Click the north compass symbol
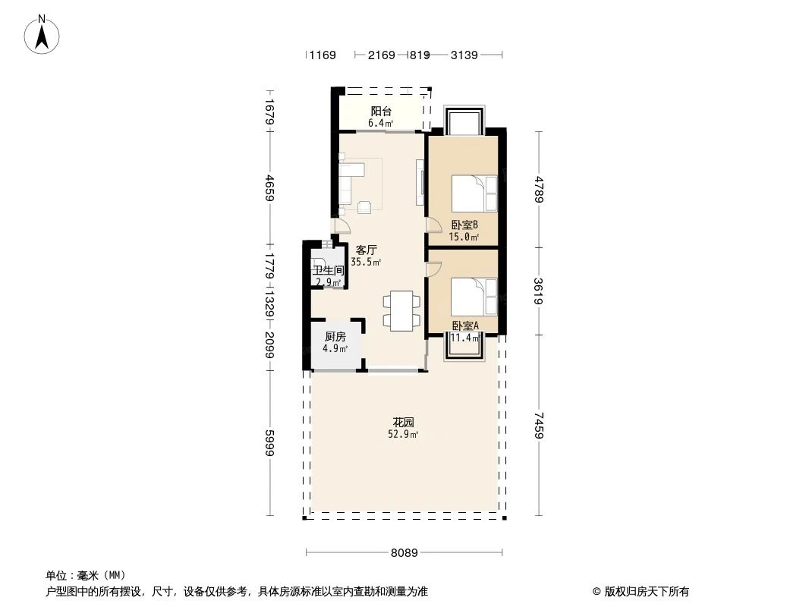coord(42,34)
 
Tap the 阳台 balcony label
coord(381,112)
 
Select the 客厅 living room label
coord(367,249)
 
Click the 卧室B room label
coord(464,225)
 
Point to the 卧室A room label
coord(464,326)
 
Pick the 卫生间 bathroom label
coord(328,270)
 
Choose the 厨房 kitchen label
coord(335,337)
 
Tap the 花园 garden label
coord(403,422)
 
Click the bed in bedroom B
coord(474,193)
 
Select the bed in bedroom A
coord(474,296)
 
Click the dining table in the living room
coord(401,310)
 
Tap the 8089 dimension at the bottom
coord(405,553)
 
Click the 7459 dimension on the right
coord(539,426)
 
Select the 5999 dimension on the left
coord(270,442)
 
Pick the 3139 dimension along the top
coord(464,55)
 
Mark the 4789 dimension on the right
coord(539,189)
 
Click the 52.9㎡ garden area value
coord(403,435)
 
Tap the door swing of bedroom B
coord(433,225)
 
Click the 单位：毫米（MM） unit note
coord(86,575)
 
